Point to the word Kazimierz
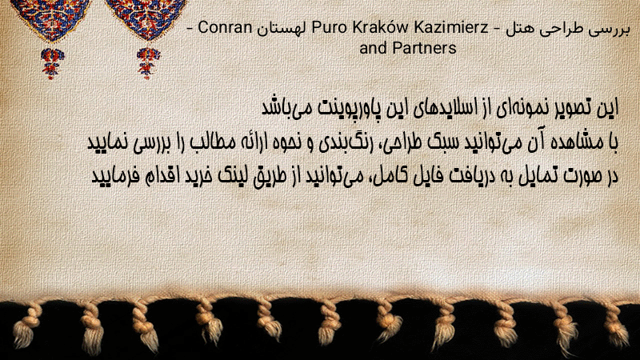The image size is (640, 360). click(x=451, y=28)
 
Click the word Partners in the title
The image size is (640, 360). click(x=424, y=48)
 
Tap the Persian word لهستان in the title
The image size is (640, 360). click(x=282, y=28)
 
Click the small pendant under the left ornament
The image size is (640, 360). click(x=52, y=63)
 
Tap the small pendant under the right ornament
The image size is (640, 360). click(x=148, y=63)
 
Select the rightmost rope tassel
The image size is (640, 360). click(x=617, y=325)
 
